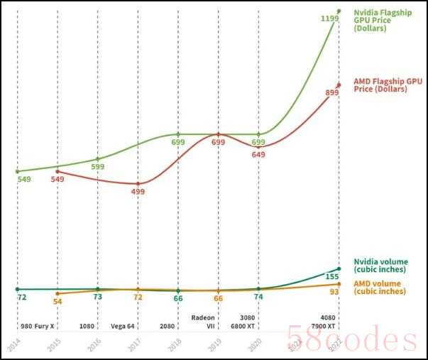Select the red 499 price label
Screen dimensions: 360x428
click(x=138, y=192)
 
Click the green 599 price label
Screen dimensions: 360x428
click(x=97, y=167)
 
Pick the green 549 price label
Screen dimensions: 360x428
click(x=24, y=179)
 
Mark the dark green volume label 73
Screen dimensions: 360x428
click(x=98, y=297)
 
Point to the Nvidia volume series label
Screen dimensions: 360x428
click(x=381, y=266)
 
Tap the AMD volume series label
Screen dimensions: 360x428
click(x=381, y=287)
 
